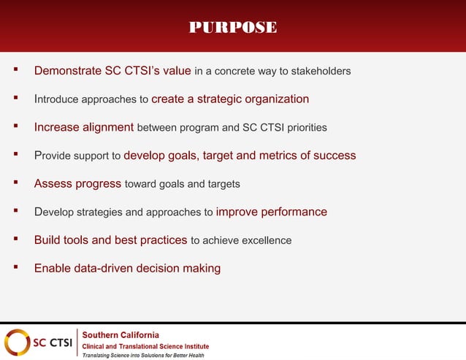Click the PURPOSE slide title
click(233, 28)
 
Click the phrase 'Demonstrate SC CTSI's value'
click(112, 71)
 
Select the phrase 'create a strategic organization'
click(230, 99)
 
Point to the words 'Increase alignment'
click(83, 127)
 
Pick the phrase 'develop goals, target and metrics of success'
click(240, 156)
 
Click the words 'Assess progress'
click(77, 183)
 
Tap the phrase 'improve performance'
click(272, 212)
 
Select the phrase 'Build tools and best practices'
click(110, 240)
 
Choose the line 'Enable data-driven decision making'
click(127, 268)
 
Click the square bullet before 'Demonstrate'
click(15, 71)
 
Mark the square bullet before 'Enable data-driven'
click(15, 267)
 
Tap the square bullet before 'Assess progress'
click(15, 183)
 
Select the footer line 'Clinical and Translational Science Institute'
click(145, 346)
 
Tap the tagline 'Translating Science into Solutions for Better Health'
click(142, 356)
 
